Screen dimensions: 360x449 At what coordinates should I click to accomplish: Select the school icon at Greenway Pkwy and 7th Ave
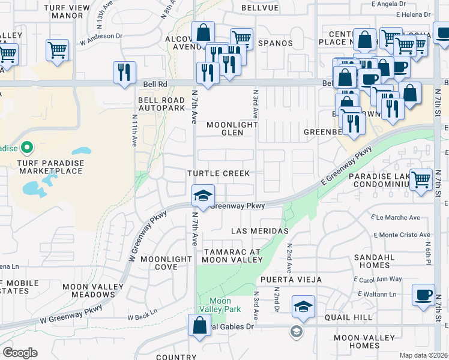[203, 196]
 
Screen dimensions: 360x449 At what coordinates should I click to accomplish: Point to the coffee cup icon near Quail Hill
[424, 295]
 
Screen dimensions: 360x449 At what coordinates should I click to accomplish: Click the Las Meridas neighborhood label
[260, 231]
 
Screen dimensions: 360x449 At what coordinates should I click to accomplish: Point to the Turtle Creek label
[218, 173]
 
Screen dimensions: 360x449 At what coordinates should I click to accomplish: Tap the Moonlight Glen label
[232, 129]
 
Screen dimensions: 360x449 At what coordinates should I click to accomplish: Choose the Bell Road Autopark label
[161, 104]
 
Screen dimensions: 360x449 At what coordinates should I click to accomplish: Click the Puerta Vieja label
[291, 280]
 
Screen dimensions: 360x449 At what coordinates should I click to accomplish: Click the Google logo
[20, 353]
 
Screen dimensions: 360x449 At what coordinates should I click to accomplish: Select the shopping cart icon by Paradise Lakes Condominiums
[421, 179]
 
